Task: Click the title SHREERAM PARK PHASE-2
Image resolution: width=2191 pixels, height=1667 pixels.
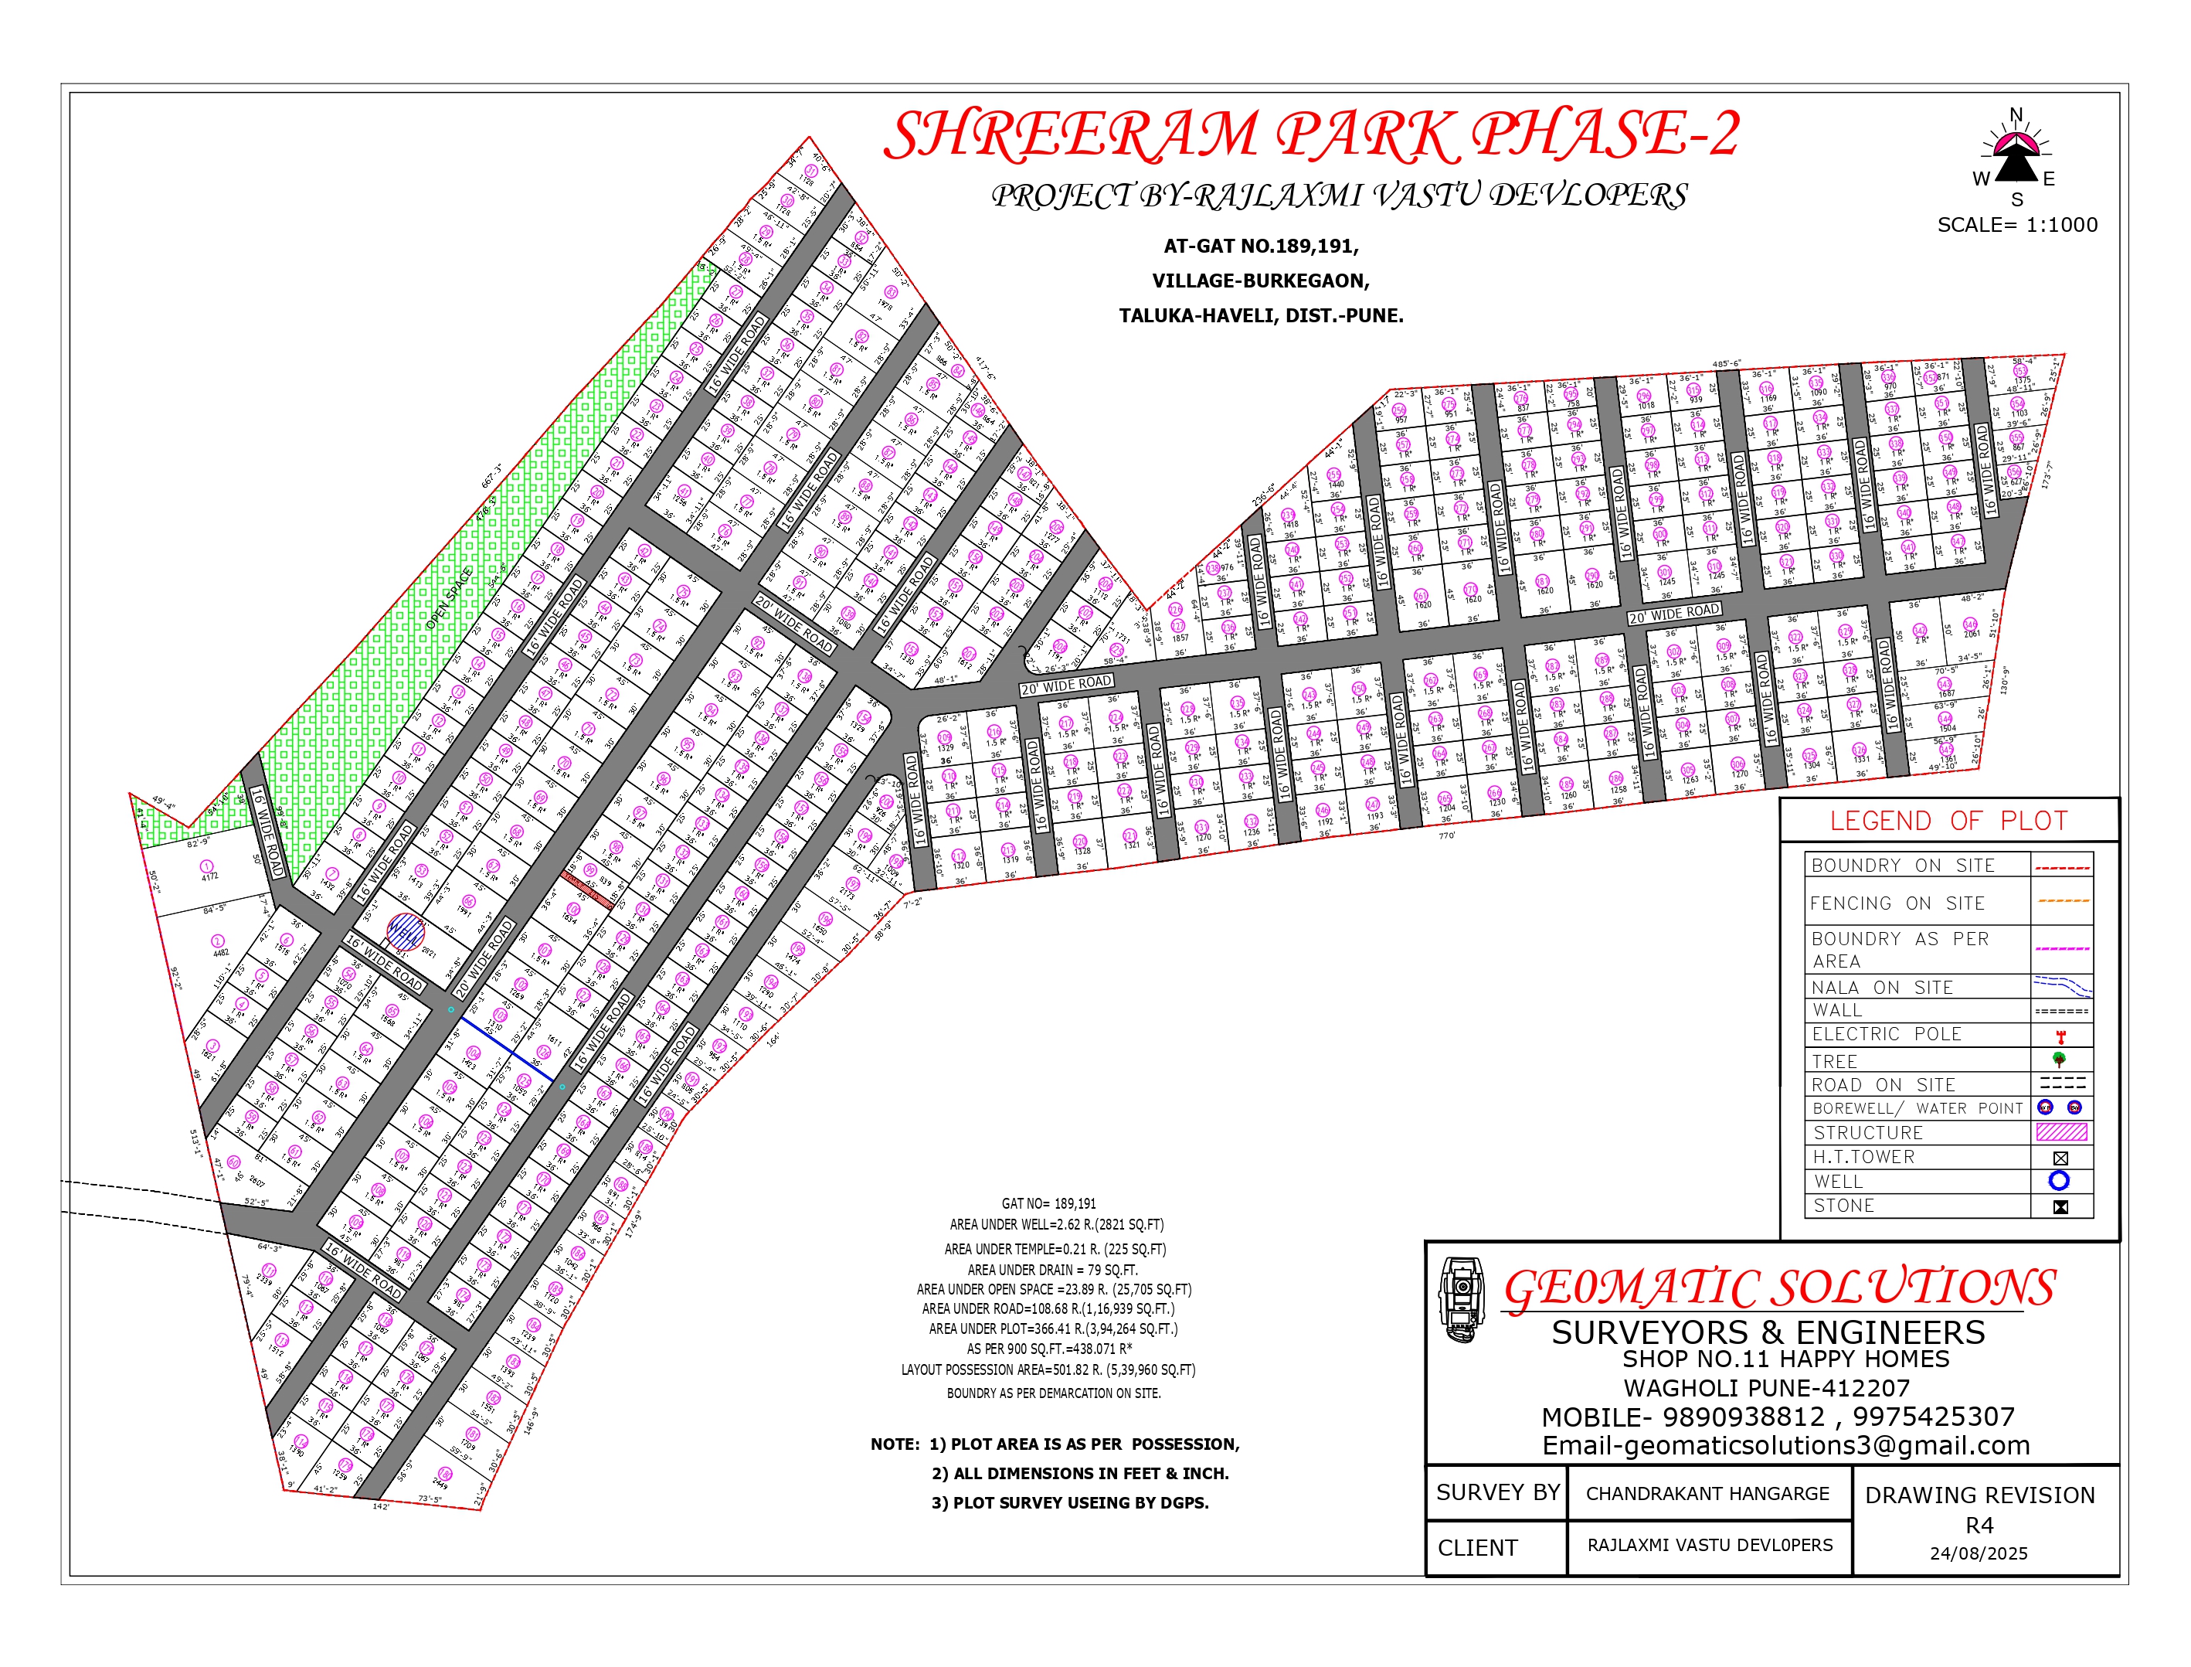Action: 1310,135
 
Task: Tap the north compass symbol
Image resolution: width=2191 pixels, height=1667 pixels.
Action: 2016,157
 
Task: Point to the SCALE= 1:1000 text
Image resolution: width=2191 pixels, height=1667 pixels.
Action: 2017,225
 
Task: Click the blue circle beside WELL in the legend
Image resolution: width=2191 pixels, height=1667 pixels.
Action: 2059,1181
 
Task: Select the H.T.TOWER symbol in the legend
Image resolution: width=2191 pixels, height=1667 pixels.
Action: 2060,1158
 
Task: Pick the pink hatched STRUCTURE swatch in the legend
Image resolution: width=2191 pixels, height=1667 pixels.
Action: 2061,1132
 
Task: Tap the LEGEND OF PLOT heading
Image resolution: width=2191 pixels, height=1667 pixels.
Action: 1948,822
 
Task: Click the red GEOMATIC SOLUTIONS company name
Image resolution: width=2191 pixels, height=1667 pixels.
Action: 1779,1288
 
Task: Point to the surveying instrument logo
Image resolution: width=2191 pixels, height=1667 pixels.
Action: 1462,1300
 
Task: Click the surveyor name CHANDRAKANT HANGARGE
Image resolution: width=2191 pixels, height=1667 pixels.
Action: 1707,1493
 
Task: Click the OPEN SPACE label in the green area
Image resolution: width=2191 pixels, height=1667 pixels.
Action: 450,597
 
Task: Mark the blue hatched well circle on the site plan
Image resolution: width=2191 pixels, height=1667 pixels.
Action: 405,932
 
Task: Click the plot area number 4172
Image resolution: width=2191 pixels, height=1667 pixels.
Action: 209,877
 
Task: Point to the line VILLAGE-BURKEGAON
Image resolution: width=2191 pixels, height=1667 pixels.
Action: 1261,281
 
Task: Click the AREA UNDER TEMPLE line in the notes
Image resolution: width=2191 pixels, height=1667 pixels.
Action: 1055,1249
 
